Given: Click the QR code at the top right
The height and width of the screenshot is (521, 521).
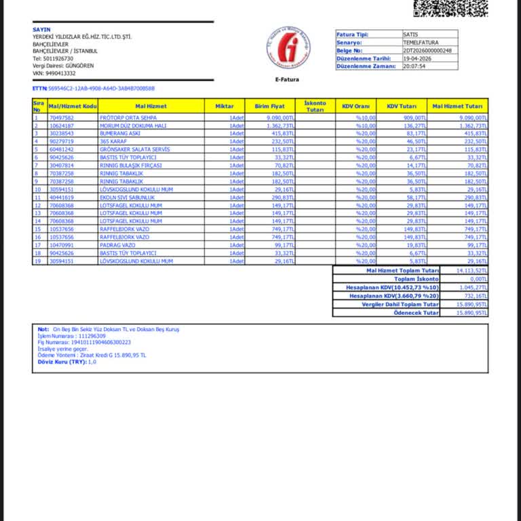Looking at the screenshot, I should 450,7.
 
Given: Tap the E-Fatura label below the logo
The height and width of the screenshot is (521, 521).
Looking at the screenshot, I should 287,80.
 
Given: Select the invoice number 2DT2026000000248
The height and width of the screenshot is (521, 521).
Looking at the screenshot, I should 427,51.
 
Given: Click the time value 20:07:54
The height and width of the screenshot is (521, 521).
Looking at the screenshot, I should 414,66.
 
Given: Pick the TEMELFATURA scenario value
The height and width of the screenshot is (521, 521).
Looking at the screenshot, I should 421,42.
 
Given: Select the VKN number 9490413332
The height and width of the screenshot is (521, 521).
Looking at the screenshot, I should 59,73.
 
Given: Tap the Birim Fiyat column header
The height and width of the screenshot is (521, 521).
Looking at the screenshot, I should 269,106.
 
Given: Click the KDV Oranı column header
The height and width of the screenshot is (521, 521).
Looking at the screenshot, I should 355,106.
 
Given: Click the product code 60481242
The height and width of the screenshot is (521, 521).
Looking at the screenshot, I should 62,149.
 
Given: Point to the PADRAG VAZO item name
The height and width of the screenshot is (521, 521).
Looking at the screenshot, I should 117,245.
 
